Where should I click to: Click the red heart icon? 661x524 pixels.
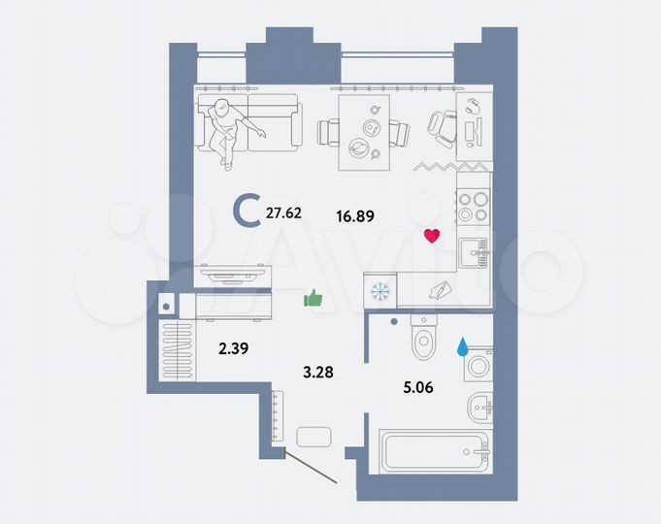[433, 236]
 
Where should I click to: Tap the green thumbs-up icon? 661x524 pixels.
[313, 299]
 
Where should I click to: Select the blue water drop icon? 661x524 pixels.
[462, 346]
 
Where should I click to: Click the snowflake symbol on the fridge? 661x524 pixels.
[380, 290]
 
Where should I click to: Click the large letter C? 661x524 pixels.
[248, 210]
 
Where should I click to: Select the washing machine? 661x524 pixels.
[477, 368]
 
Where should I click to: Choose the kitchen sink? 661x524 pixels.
[475, 251]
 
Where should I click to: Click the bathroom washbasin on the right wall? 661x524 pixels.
[479, 408]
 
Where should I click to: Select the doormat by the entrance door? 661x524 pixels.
[314, 438]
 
